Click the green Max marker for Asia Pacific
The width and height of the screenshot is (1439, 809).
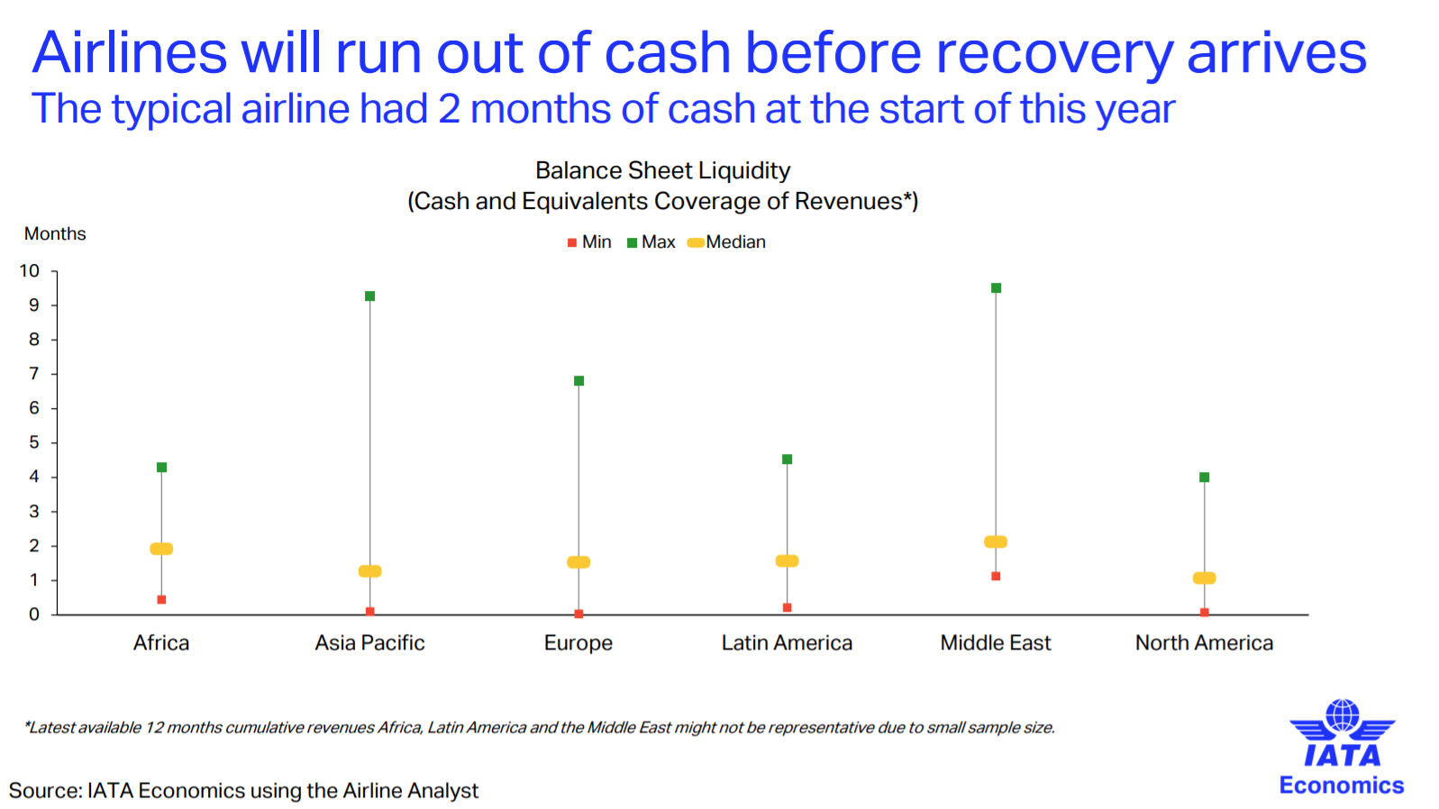coord(369,296)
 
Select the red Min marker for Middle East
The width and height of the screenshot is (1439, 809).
coord(995,576)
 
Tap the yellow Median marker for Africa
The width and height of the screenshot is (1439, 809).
coord(161,549)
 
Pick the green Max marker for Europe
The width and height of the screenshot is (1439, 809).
coord(578,381)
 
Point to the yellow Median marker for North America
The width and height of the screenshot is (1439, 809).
coord(1204,577)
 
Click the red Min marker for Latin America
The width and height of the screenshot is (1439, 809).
coord(787,607)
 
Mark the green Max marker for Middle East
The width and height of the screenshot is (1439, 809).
coord(996,287)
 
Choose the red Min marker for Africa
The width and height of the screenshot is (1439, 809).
coord(161,600)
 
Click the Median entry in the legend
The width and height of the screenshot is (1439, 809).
coord(726,242)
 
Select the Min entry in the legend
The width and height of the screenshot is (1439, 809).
coord(589,242)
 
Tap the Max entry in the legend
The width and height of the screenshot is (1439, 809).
coord(651,242)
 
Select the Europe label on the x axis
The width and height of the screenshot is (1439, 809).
coord(578,642)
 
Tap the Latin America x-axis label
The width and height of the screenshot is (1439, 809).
coord(787,642)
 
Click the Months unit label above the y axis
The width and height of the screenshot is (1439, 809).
coord(55,233)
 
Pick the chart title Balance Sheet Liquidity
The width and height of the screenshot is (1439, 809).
coord(662,171)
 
